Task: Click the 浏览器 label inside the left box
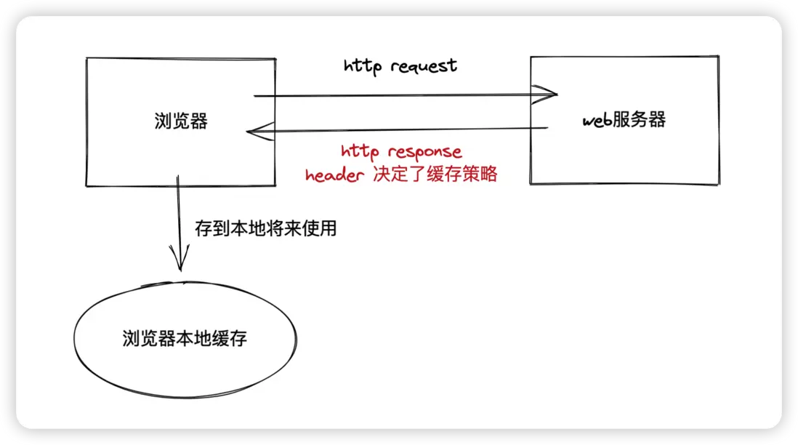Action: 181,121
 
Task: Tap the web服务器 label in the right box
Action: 624,120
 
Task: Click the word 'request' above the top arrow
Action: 424,67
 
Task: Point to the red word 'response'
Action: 424,152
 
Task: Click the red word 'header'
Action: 334,176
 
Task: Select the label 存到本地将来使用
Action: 266,228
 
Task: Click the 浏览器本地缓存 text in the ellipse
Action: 185,338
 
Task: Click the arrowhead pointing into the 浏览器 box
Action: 256,131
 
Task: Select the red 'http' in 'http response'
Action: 361,152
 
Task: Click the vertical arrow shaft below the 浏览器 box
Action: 177,218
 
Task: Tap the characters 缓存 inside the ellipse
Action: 230,338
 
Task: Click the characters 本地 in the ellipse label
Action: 194,338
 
